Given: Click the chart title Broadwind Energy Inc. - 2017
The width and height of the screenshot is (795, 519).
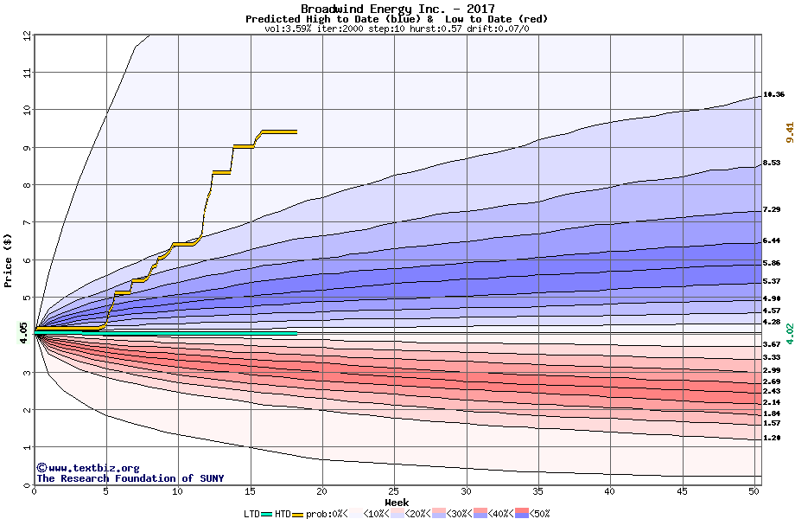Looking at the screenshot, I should point(397,9).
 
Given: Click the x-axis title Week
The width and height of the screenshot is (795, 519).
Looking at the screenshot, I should point(397,503).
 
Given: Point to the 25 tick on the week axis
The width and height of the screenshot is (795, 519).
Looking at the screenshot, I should point(394,491).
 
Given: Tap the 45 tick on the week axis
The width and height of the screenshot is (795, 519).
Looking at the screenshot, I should point(682,491).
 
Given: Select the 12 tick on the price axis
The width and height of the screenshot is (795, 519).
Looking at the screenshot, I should point(27,35).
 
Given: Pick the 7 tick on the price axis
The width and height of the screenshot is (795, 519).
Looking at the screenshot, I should point(27,222).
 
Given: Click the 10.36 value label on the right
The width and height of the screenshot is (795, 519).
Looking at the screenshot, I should point(773,94).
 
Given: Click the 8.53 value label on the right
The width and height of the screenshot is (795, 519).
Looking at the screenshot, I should point(772,163).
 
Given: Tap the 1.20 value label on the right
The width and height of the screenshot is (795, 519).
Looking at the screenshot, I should point(772,438).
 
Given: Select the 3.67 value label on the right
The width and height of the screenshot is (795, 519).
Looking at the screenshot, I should point(772,344).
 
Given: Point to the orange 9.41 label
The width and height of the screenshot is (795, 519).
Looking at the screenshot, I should point(789,131).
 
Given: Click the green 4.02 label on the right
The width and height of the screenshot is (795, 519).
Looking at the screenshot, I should point(789,333).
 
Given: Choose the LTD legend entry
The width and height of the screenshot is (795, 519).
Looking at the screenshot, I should point(252,514).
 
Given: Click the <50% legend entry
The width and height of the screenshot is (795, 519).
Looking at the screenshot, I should point(539,514).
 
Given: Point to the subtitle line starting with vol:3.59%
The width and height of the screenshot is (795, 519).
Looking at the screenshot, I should point(397,29).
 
